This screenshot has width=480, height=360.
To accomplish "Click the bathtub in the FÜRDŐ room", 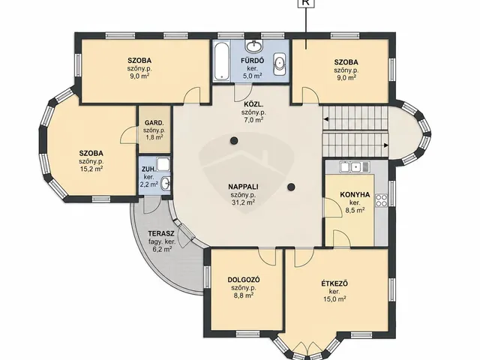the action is [221, 61].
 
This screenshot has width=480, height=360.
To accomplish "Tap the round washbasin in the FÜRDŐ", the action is [253, 46].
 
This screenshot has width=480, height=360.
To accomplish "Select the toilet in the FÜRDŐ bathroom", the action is [279, 64].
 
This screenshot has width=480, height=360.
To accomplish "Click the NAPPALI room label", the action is [243, 187].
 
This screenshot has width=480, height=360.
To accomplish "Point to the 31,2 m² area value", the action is [243, 202].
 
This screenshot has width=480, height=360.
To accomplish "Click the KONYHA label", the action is [355, 195].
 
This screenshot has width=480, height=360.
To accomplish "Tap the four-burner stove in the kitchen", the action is [382, 200].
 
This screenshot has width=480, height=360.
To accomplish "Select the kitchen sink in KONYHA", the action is [355, 166].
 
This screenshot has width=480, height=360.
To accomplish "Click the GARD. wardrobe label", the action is [154, 123].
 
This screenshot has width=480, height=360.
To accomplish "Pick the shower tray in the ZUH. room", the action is [163, 164].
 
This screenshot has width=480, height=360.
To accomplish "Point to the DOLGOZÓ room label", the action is [244, 280].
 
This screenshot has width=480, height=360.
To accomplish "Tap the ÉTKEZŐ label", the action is [334, 283].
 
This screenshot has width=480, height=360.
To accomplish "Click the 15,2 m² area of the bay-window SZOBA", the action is [91, 169].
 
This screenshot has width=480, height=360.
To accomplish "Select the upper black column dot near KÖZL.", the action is [234, 141].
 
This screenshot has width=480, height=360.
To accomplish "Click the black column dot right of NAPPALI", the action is [292, 187].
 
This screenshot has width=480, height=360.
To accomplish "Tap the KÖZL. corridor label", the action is [252, 103].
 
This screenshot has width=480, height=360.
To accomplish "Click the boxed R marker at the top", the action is [305, 2].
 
